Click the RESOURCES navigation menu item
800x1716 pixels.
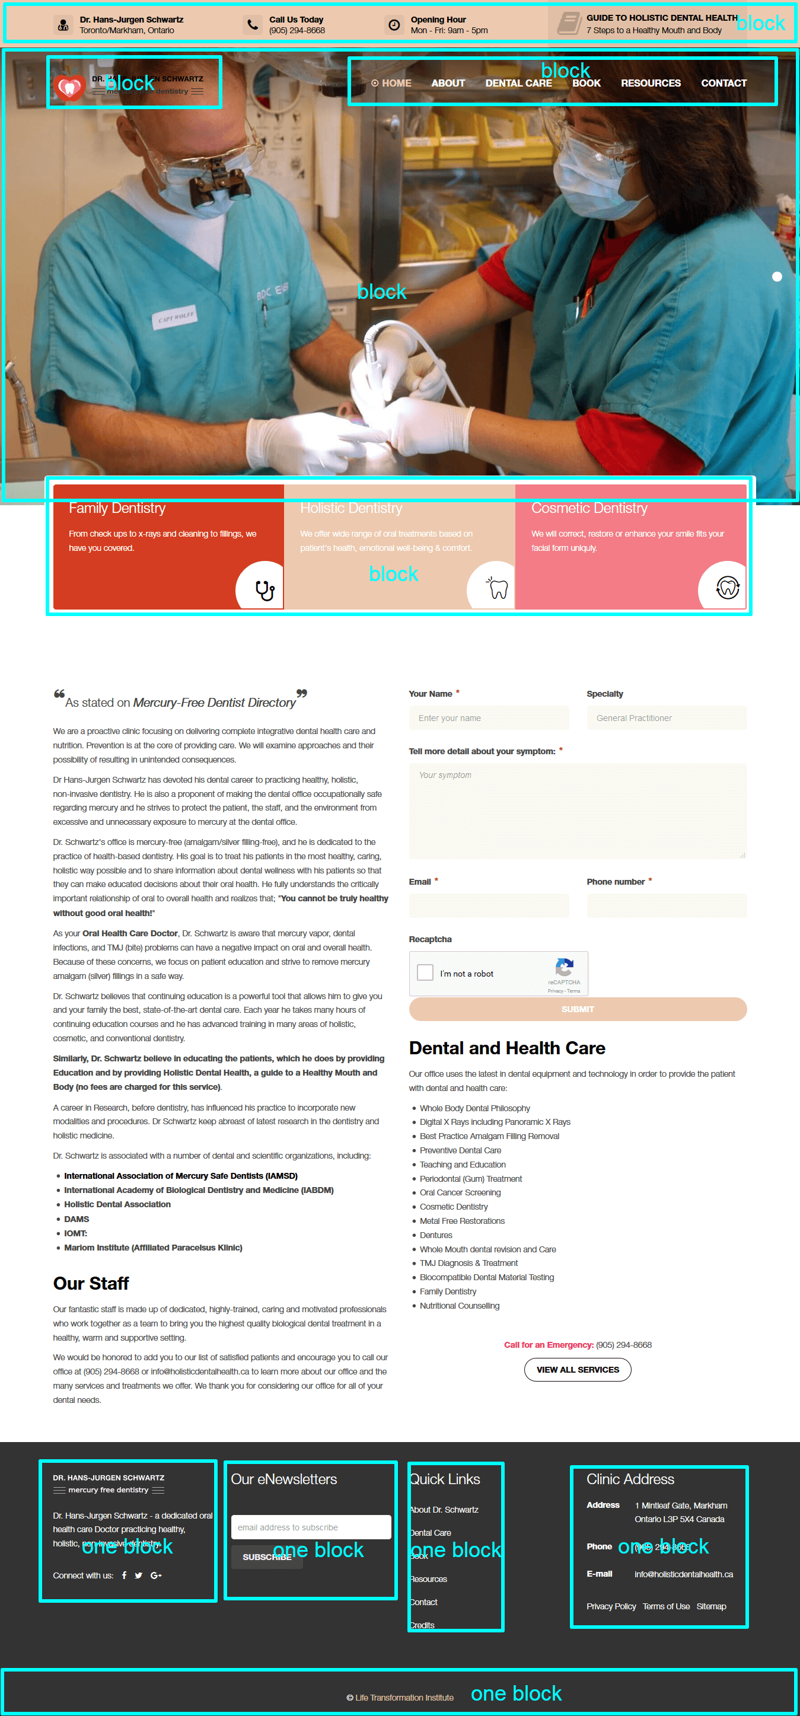(x=650, y=83)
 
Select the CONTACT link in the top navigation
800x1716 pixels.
(x=723, y=83)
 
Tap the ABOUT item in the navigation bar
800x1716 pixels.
(x=448, y=83)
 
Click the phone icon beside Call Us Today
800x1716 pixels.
(x=253, y=25)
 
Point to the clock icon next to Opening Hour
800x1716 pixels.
(x=394, y=25)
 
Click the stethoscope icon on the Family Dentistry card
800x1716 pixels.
(x=264, y=590)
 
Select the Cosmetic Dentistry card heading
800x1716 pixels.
(x=589, y=508)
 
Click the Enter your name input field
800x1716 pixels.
(x=488, y=718)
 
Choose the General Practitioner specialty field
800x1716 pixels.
(x=666, y=718)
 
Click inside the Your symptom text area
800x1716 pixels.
(x=577, y=811)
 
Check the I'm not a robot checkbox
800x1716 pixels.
(x=425, y=972)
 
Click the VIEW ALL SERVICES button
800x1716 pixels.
(x=578, y=1370)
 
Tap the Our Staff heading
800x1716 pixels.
(x=91, y=1283)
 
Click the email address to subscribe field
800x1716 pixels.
(x=310, y=1527)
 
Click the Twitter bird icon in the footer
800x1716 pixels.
(x=139, y=1575)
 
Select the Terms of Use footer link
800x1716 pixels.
(x=666, y=1606)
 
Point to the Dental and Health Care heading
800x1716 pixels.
(x=507, y=1048)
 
